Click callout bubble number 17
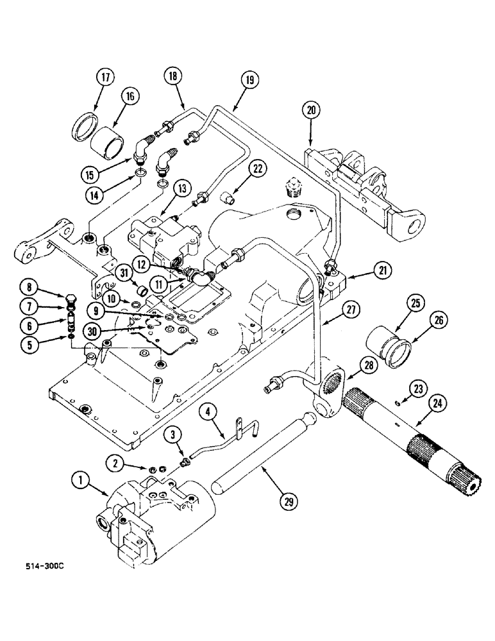105,78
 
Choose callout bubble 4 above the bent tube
208,410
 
